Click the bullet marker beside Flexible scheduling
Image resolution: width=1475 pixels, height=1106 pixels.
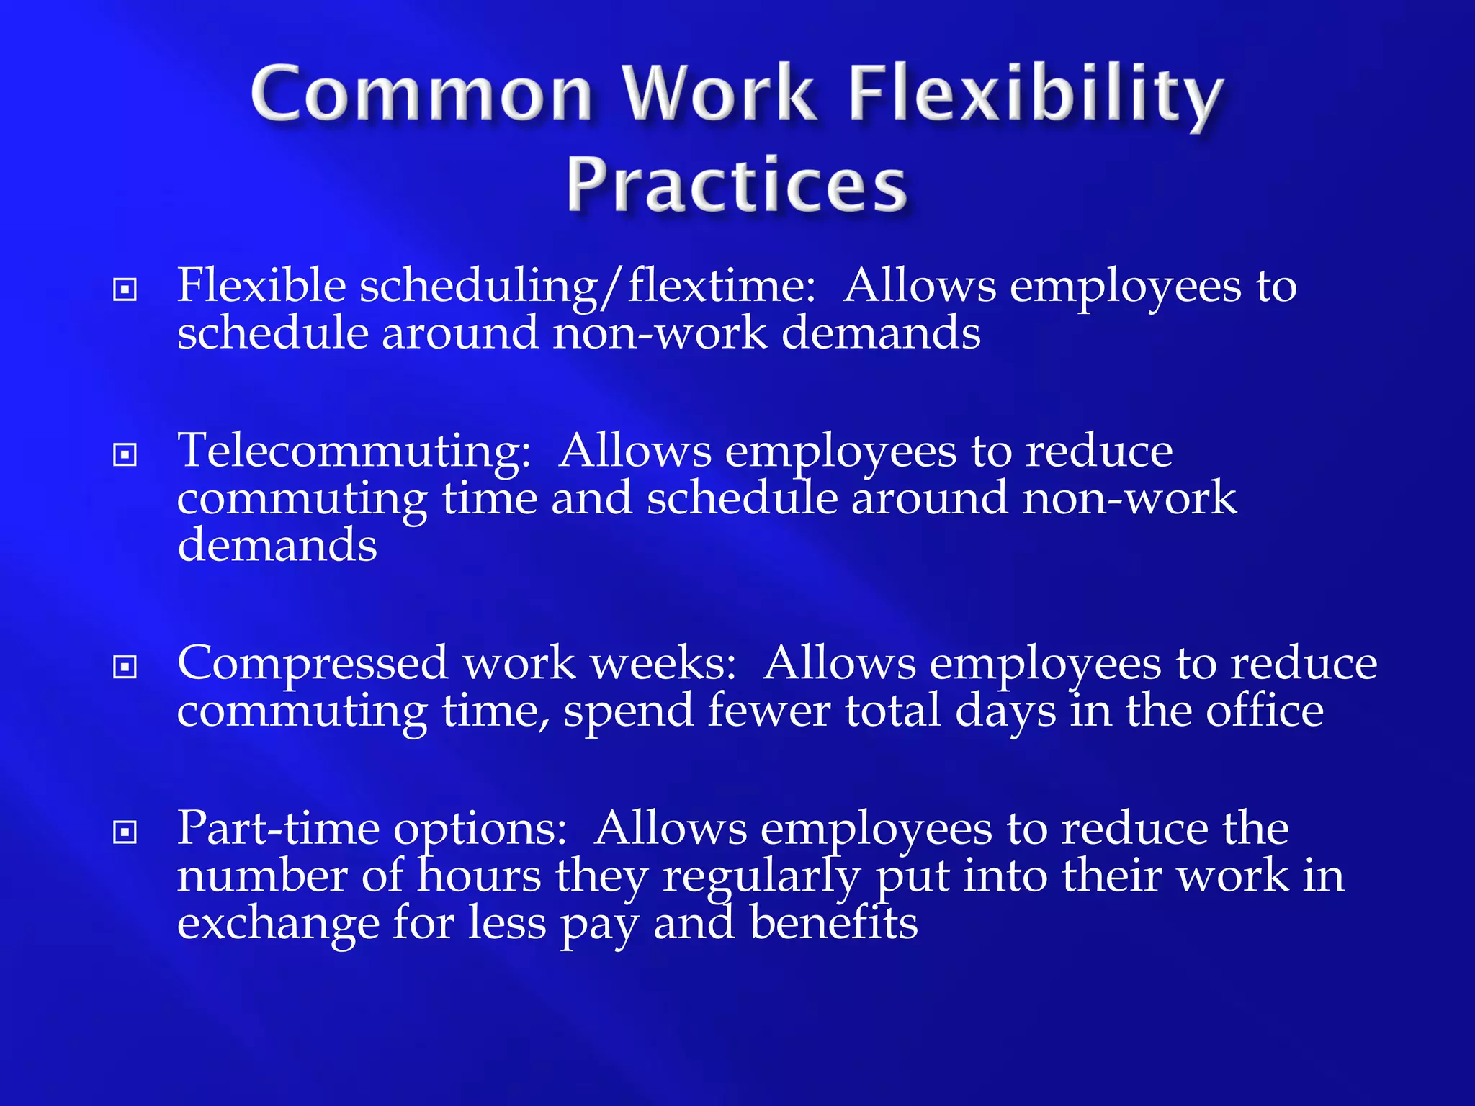point(125,289)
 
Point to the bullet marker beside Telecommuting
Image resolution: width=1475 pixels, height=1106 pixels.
point(125,454)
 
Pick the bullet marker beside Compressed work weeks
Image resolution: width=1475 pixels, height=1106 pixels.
point(125,667)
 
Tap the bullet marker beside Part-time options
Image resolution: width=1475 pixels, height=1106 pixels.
point(125,832)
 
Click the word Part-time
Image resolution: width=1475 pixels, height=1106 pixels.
point(278,828)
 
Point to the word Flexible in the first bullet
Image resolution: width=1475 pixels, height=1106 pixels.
point(261,285)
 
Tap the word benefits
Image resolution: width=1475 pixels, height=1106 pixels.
point(833,922)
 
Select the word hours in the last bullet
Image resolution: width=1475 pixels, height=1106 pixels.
point(480,876)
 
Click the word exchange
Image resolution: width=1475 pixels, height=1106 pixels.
point(278,924)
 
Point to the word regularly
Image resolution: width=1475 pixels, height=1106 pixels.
point(761,877)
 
